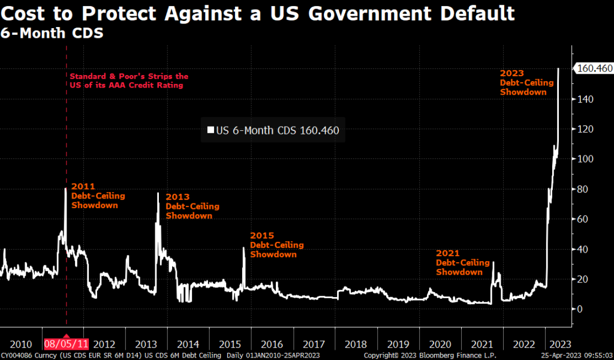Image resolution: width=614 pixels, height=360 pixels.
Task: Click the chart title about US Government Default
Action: [x=258, y=13]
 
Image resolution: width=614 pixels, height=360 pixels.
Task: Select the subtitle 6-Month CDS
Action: [x=52, y=33]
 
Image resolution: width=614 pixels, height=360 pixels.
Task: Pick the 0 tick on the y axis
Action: [x=579, y=309]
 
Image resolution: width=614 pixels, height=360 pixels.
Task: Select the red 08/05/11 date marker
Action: [x=66, y=344]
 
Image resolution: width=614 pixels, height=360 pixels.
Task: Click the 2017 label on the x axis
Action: [x=314, y=344]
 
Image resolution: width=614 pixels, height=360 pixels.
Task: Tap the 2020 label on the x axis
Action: [x=440, y=344]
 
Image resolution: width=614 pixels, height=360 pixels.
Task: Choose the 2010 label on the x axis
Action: [x=21, y=344]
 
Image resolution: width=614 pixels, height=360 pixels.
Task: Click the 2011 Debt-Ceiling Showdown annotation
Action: [x=95, y=196]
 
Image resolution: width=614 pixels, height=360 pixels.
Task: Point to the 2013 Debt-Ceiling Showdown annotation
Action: [x=192, y=206]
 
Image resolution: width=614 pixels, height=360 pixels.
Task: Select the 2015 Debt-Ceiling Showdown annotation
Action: [x=276, y=245]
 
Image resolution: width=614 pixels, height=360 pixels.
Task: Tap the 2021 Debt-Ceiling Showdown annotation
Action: [x=459, y=263]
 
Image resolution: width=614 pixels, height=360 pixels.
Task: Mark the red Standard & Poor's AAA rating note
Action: [x=129, y=80]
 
